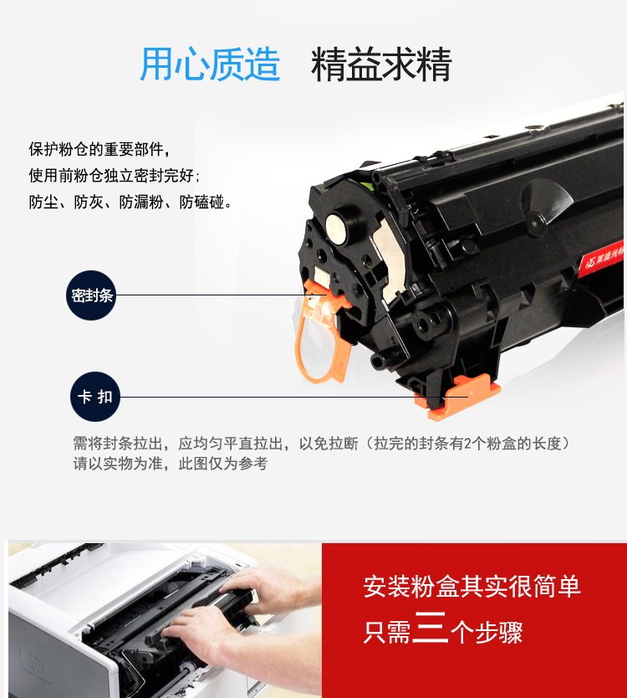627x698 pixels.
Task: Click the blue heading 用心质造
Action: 210,64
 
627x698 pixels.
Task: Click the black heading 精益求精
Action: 381,64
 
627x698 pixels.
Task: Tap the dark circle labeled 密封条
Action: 91,295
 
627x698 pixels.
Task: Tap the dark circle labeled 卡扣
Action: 95,397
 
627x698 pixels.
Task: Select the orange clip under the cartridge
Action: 458,396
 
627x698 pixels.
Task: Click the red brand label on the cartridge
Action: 601,259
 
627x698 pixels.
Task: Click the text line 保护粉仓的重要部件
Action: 99,149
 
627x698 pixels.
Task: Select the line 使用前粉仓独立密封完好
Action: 114,176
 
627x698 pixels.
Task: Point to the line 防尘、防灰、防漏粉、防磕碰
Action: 130,202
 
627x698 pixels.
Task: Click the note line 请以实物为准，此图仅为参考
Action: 171,464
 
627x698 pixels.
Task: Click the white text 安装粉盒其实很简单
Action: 472,586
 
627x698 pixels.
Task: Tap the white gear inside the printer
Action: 186,669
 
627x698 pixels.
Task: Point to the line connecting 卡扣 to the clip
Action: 293,397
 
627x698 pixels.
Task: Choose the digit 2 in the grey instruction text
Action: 467,444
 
